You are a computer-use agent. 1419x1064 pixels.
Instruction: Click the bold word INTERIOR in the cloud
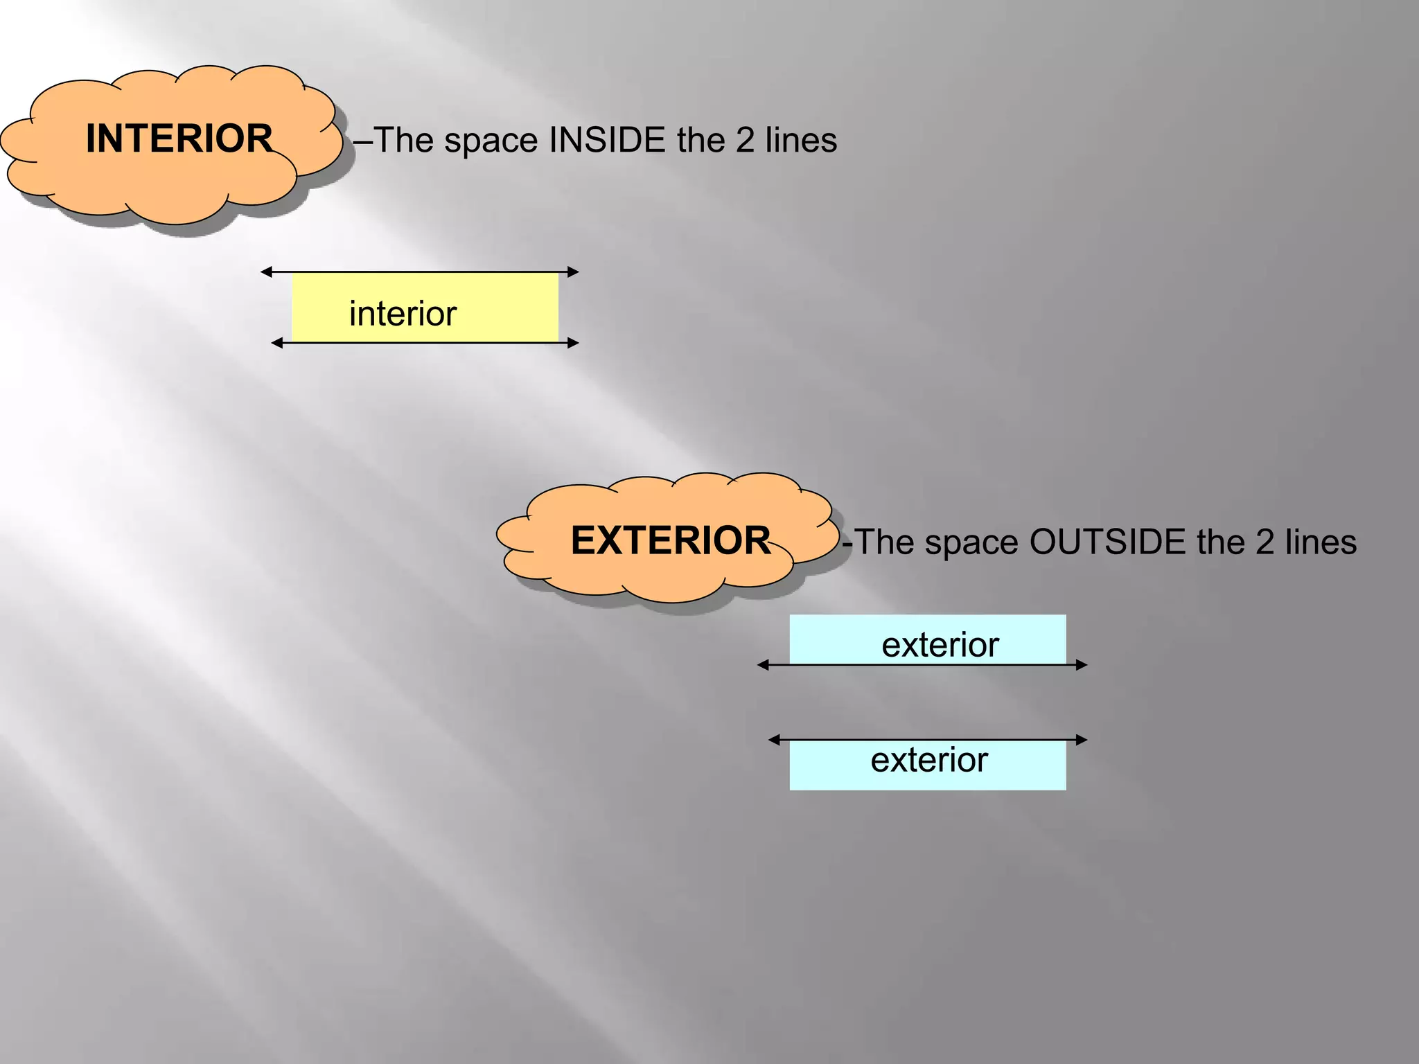click(179, 139)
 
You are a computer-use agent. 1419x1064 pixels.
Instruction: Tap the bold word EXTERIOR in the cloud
click(670, 540)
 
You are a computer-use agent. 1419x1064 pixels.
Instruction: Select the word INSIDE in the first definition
click(607, 140)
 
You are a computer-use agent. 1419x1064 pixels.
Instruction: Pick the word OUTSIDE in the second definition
click(1107, 542)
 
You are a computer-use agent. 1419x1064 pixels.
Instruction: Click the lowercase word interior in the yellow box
click(403, 314)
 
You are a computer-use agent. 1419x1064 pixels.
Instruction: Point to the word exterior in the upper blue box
click(940, 645)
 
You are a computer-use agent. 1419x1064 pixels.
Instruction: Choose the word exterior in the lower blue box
click(928, 760)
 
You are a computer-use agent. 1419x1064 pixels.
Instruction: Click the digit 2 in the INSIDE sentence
click(745, 140)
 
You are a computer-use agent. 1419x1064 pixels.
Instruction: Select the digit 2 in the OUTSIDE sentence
click(1264, 542)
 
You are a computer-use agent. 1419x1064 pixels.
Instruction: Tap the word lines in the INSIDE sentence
click(801, 140)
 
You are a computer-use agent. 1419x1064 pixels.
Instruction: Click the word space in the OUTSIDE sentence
click(972, 542)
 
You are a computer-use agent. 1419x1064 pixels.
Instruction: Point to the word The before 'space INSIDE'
click(403, 140)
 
